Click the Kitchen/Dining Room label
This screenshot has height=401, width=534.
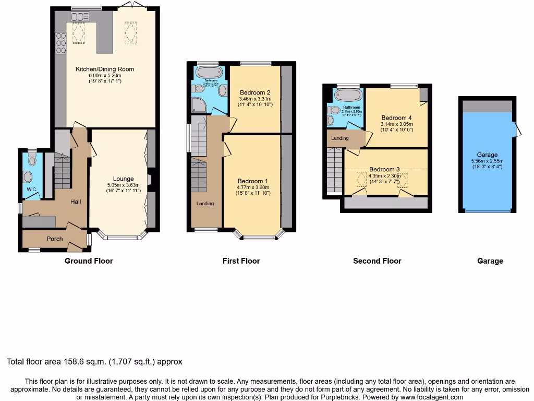105,69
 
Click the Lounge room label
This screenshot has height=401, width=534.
124,179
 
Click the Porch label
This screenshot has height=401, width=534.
55,239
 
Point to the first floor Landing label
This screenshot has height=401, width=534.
205,203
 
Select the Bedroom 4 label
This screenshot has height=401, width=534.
396,117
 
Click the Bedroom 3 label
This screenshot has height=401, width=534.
384,169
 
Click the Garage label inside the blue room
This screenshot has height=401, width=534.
487,155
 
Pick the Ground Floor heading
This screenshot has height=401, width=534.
89,261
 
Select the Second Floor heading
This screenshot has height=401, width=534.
377,261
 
